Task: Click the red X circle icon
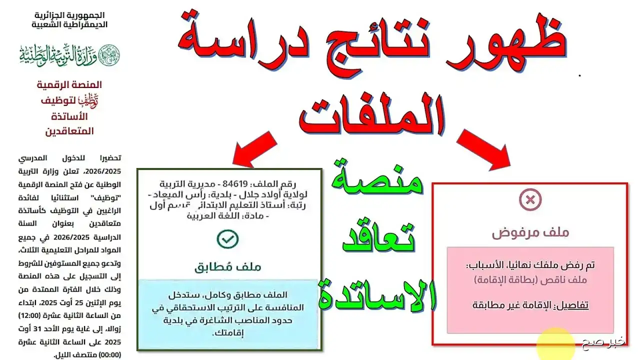click(530, 200)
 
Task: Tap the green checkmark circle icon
click(227, 239)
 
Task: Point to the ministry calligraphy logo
click(70, 54)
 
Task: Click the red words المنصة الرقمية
click(69, 85)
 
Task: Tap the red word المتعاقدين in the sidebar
click(69, 131)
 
